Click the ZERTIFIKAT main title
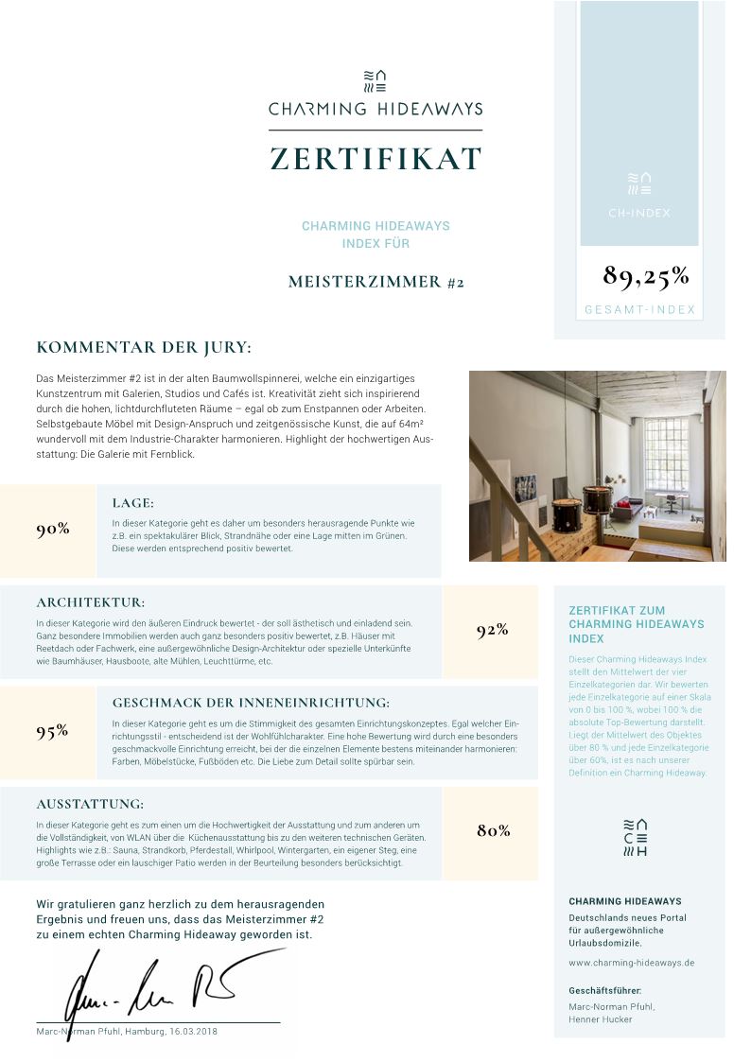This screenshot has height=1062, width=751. click(x=375, y=158)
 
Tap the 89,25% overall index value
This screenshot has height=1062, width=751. click(x=646, y=276)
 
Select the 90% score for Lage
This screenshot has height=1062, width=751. click(x=53, y=530)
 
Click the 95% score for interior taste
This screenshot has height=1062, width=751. click(x=53, y=731)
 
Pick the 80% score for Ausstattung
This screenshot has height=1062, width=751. click(x=493, y=831)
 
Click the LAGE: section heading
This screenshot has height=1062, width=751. click(x=132, y=503)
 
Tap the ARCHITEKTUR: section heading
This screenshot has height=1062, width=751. click(x=91, y=602)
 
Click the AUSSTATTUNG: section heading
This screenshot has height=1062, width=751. click(x=90, y=804)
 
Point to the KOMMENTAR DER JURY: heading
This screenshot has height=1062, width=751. click(x=144, y=348)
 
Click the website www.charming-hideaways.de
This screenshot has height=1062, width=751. click(x=632, y=963)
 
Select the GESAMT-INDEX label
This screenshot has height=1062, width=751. click(x=639, y=310)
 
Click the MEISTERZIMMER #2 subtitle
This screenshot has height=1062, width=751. click(x=375, y=282)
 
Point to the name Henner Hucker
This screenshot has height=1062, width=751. click(x=601, y=1019)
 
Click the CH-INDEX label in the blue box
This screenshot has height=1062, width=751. click(x=639, y=213)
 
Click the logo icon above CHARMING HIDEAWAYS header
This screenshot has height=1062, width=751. click(x=375, y=80)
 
